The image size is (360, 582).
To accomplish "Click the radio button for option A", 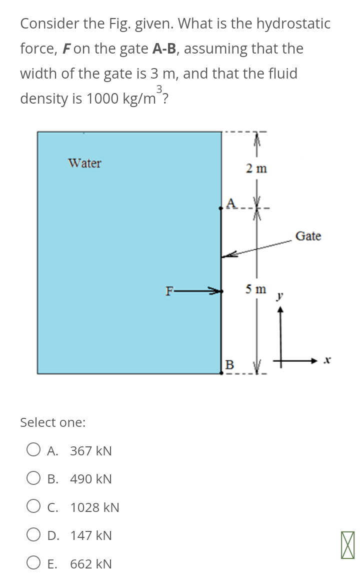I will pos(33,450).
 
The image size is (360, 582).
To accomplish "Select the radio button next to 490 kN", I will pos(33,479).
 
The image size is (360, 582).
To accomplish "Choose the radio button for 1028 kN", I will pos(33,507).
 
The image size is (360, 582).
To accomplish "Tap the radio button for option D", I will pos(33,535).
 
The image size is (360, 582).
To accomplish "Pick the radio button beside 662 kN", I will pos(33,564).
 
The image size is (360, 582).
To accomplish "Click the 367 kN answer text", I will pos(90,451).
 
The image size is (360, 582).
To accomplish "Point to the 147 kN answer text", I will pos(90,536).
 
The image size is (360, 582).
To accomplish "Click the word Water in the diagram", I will pos(84,163).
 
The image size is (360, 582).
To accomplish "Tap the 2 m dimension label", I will pos(256,169).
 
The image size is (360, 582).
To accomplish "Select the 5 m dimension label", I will pos(256,289).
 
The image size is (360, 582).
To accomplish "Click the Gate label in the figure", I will pos(308,236).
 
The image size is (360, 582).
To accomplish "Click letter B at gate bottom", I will pos(229,364).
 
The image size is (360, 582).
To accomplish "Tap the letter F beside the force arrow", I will pos(170,290).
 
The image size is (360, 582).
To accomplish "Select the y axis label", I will pos(280,297).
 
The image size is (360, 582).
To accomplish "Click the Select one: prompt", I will pos(52,422).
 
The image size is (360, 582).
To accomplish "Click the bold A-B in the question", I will pos(164,49).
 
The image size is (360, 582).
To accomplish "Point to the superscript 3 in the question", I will pos(159,89).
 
